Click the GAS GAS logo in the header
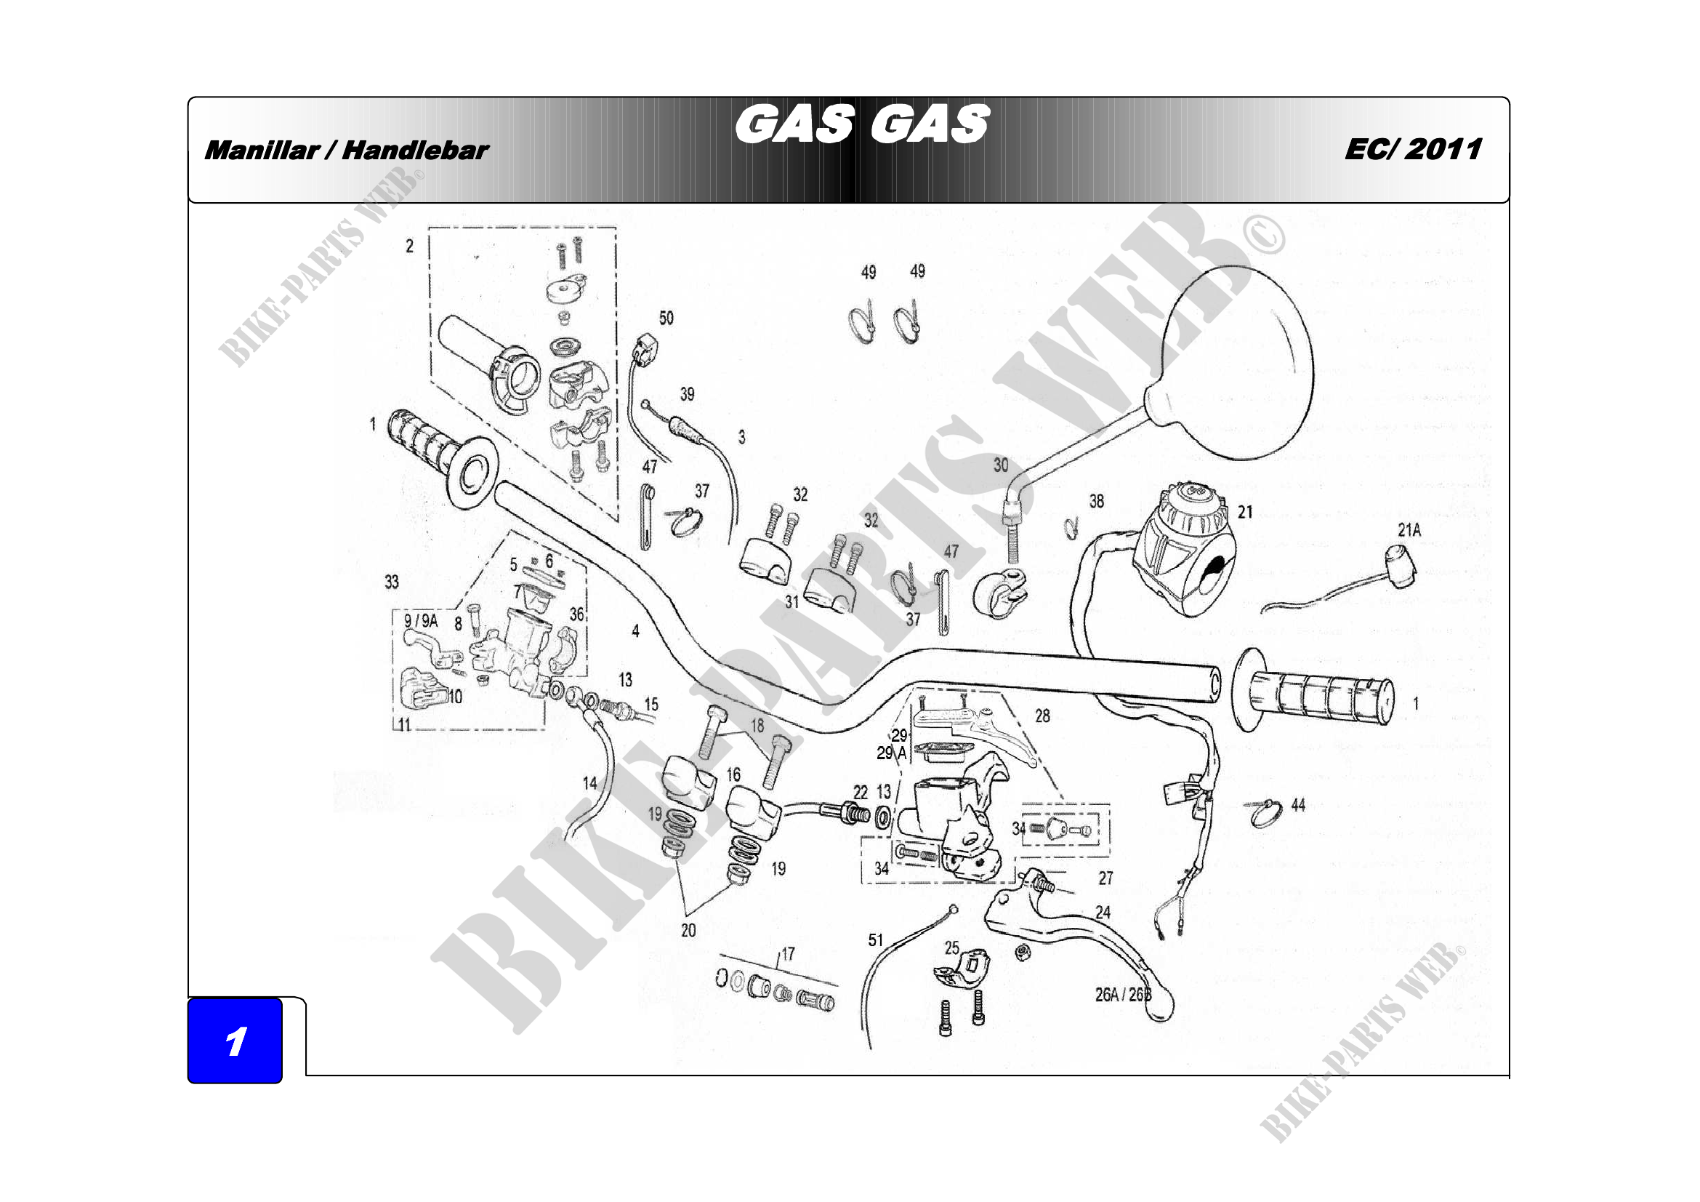(x=862, y=124)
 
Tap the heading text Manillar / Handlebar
(x=346, y=151)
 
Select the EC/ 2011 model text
(x=1413, y=149)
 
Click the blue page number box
(x=235, y=1041)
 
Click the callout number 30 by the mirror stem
(x=1000, y=465)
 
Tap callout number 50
(x=666, y=318)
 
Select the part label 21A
(x=1409, y=530)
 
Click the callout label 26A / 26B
(x=1123, y=995)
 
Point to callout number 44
(x=1298, y=805)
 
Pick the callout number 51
(x=876, y=939)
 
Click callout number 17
(x=788, y=954)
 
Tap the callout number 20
(x=688, y=930)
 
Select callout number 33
(x=392, y=582)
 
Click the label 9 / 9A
(x=421, y=620)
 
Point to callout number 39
(x=687, y=394)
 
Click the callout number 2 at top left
(x=409, y=246)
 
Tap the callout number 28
(x=1042, y=716)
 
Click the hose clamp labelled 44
(x=1264, y=812)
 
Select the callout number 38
(x=1097, y=502)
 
